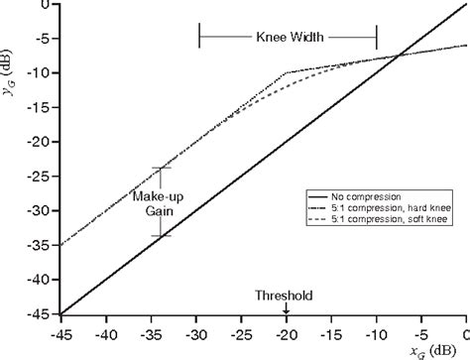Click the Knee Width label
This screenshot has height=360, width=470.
[288, 39]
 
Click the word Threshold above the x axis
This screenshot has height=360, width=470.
[285, 296]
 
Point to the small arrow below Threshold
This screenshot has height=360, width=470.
[286, 307]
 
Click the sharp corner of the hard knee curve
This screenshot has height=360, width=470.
[286, 72]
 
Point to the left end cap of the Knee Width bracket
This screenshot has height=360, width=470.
[200, 39]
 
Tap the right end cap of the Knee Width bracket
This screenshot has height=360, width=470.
[376, 39]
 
